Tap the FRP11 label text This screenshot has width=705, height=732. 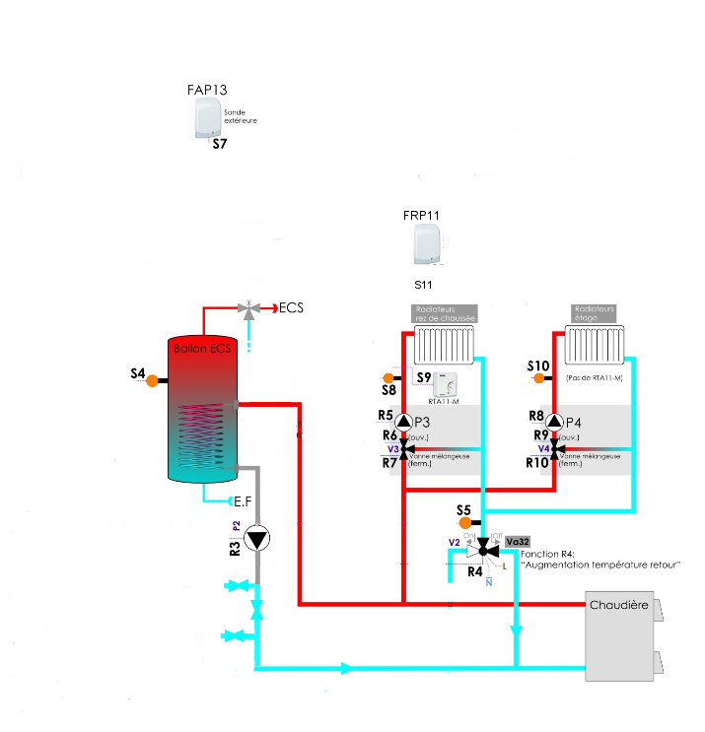coord(421,214)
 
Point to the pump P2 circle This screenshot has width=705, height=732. coord(257,538)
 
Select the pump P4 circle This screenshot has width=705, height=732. coord(554,421)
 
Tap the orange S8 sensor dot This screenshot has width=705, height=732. coord(388,377)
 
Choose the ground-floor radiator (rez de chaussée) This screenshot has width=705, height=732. coord(445,347)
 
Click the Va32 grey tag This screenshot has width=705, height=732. coord(517,542)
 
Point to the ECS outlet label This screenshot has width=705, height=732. coord(291,307)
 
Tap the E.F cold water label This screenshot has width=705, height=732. coord(243,500)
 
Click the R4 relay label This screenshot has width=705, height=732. coord(474,570)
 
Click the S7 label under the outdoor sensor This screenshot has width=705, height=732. coord(220,145)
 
